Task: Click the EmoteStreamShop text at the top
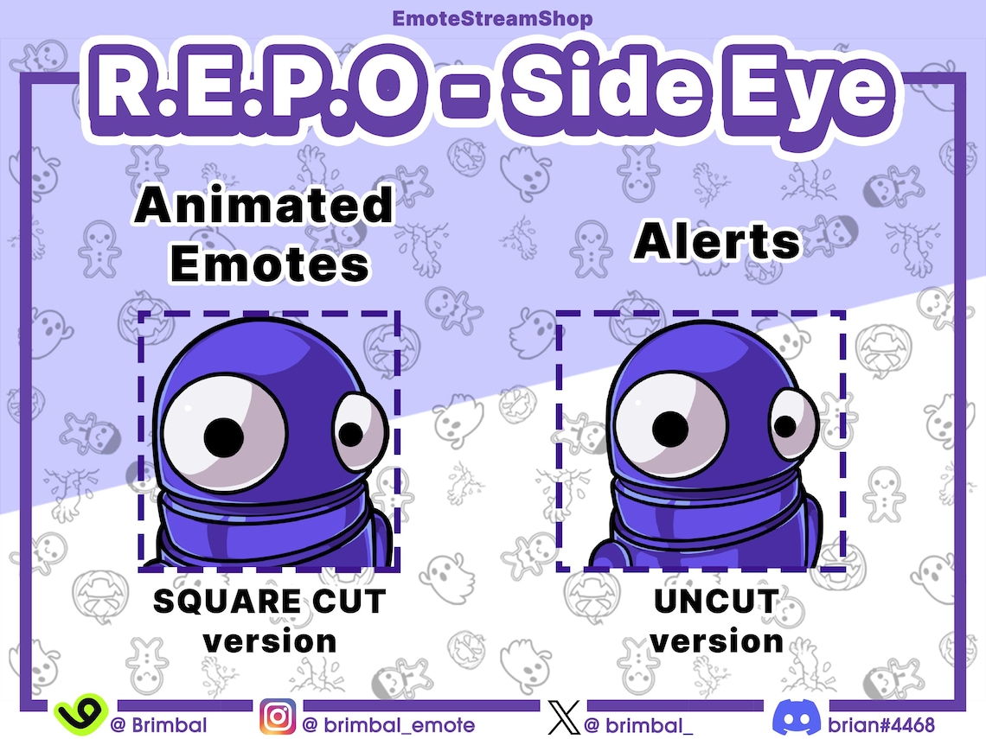pos(492,17)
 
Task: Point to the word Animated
pos(265,207)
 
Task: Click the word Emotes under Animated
pos(269,265)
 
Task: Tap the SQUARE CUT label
pos(269,601)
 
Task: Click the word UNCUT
pos(716,601)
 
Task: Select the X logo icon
pos(563,718)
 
